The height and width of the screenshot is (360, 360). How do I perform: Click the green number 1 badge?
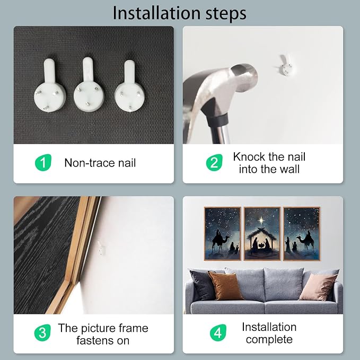point(43,163)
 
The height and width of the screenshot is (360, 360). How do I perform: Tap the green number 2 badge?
point(214,163)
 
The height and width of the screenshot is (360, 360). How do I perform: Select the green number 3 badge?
point(42,332)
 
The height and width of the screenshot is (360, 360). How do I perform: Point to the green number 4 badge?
point(218,332)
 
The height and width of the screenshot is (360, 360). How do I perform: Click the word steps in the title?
point(226,14)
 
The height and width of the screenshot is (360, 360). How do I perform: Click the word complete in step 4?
point(269,339)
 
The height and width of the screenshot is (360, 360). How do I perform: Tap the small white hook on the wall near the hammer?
point(285,65)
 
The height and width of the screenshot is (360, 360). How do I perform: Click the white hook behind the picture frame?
point(101,249)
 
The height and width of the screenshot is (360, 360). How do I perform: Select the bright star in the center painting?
point(261,221)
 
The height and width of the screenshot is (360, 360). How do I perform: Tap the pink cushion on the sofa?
point(318,287)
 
